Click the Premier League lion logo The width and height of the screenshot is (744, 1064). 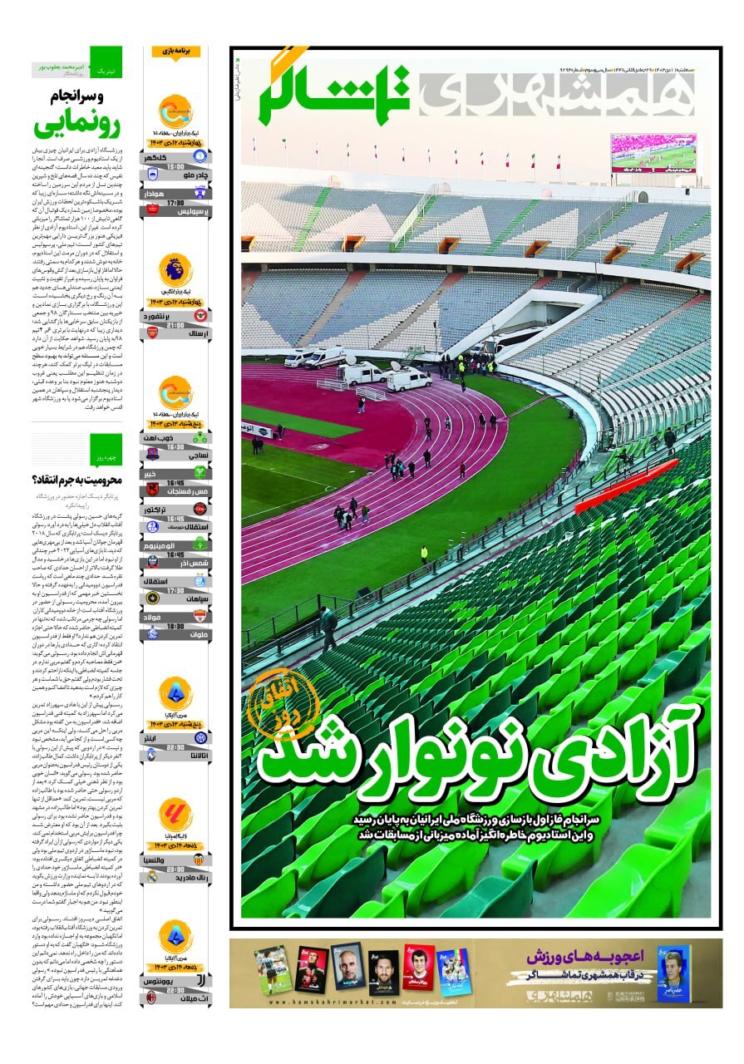(175, 269)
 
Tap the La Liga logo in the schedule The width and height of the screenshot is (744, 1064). (175, 815)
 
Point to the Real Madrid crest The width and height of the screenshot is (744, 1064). (153, 876)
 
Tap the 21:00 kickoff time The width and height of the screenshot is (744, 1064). (175, 324)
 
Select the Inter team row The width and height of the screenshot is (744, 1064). (175, 736)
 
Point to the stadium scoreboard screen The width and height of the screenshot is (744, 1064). (653, 153)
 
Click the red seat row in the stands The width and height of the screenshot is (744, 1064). (626, 486)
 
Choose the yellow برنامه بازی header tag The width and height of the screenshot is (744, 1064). (175, 52)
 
